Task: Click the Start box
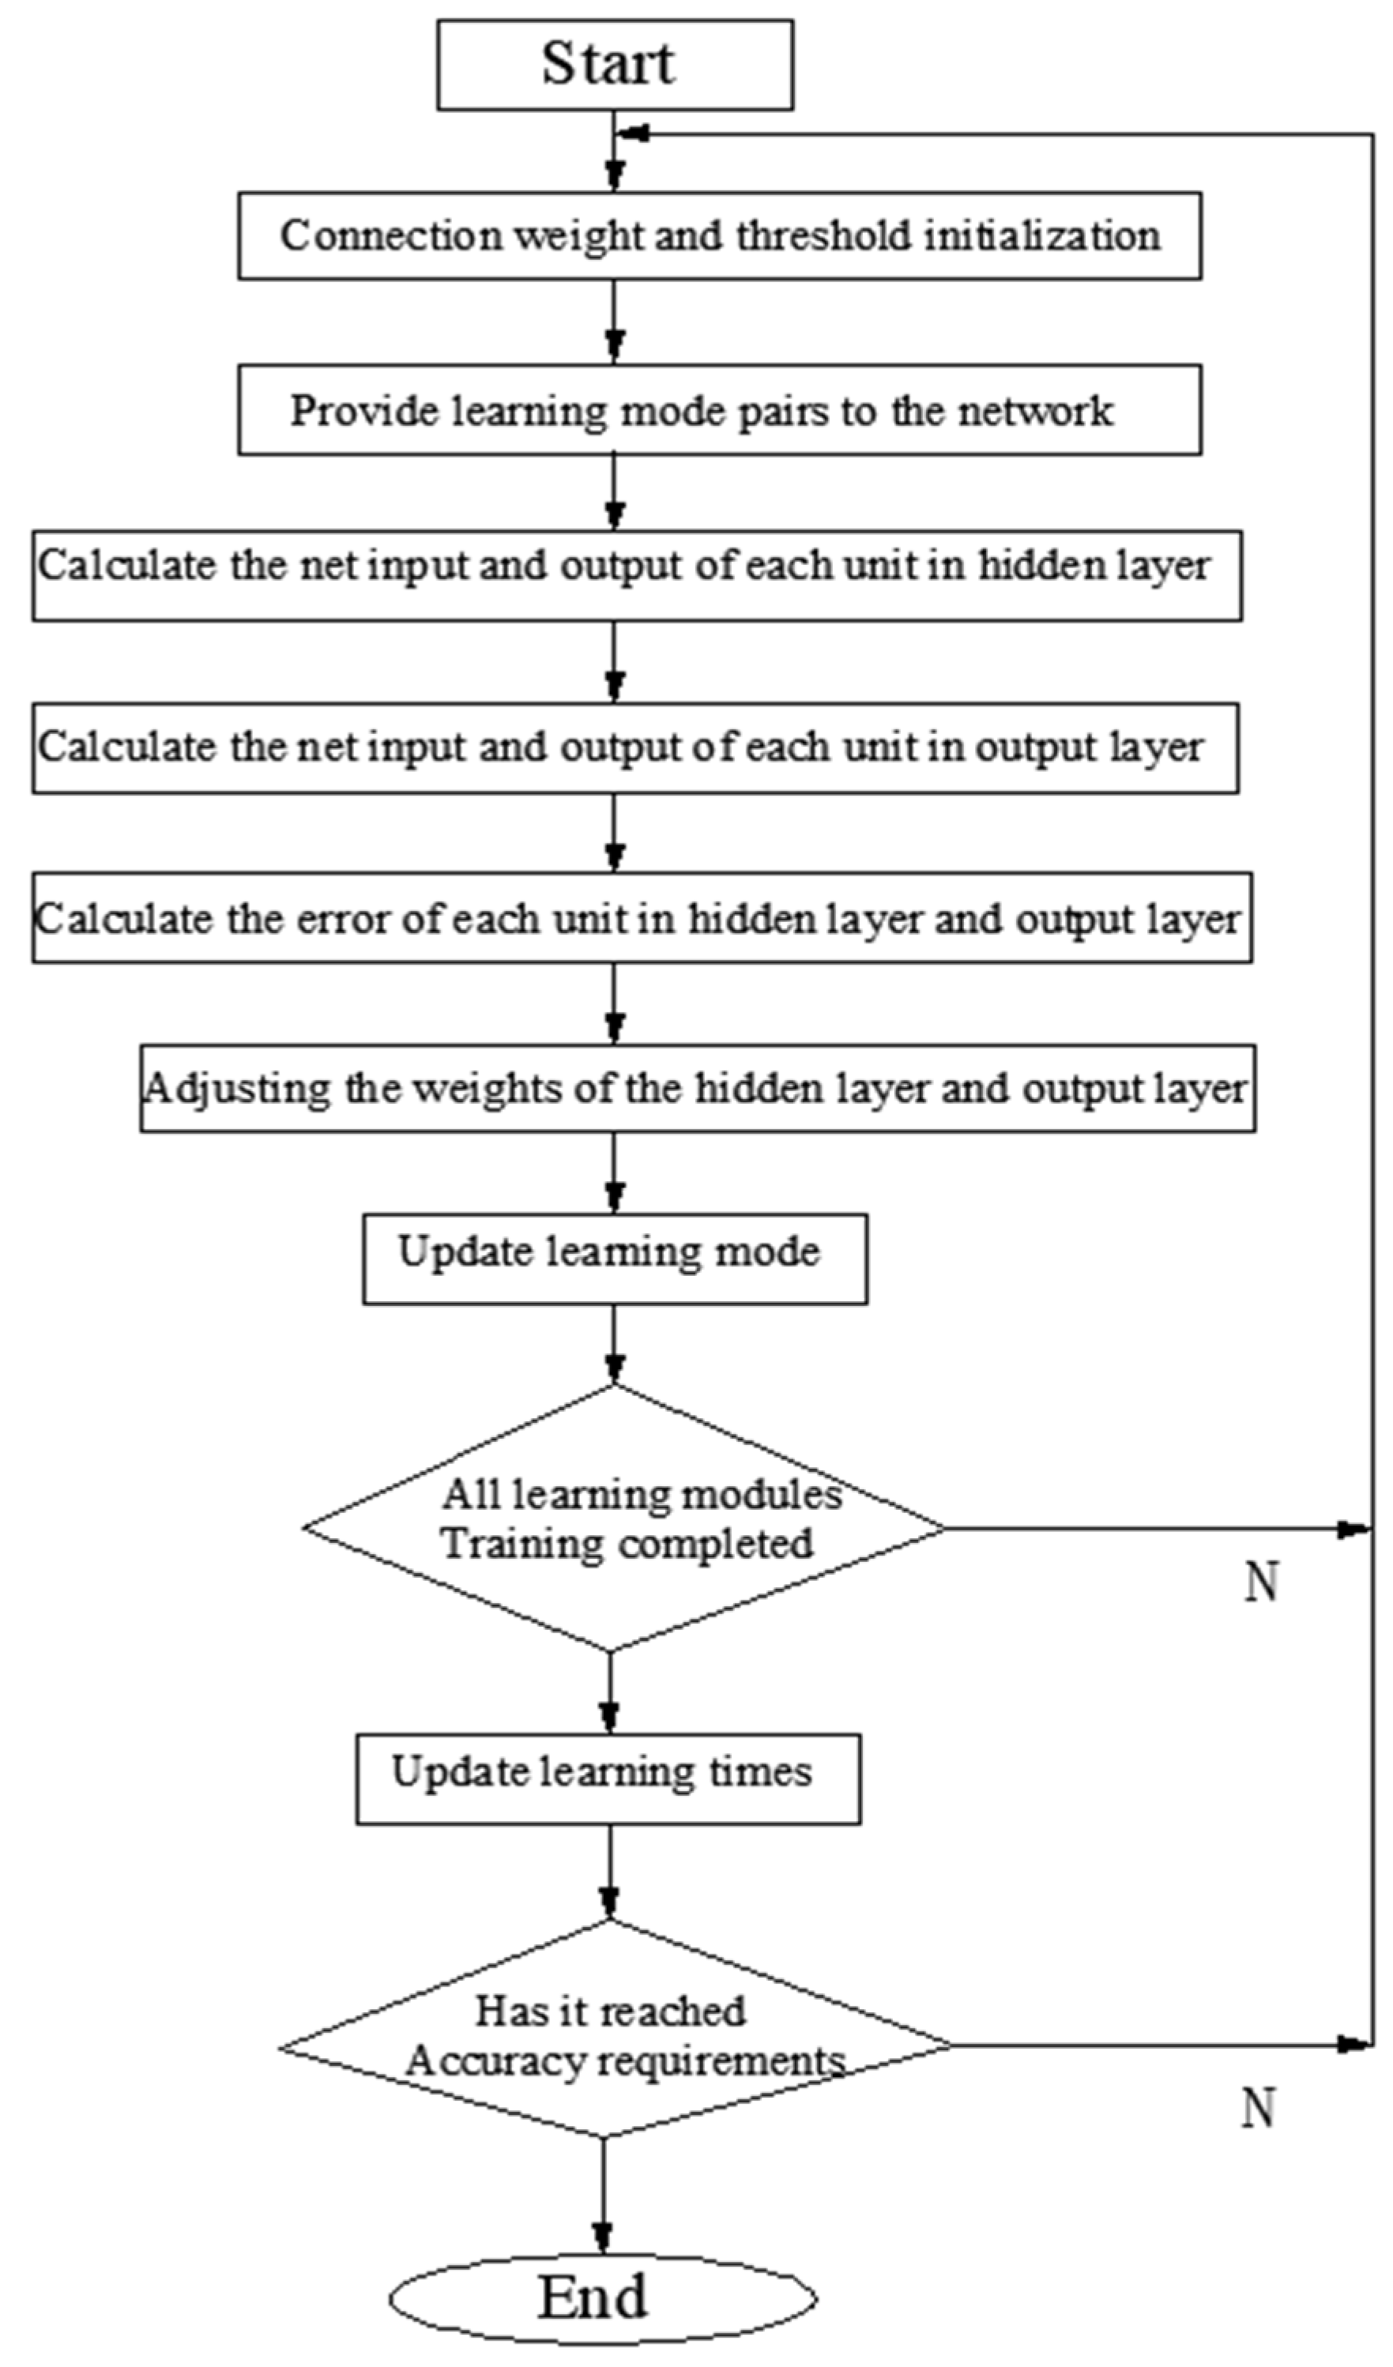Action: pyautogui.click(x=614, y=65)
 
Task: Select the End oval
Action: pyautogui.click(x=602, y=2297)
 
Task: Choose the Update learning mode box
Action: pyautogui.click(x=614, y=1259)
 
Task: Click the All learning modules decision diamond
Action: pyautogui.click(x=623, y=1520)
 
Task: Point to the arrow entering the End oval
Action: pyautogui.click(x=602, y=2236)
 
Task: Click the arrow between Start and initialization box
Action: pyautogui.click(x=614, y=174)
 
